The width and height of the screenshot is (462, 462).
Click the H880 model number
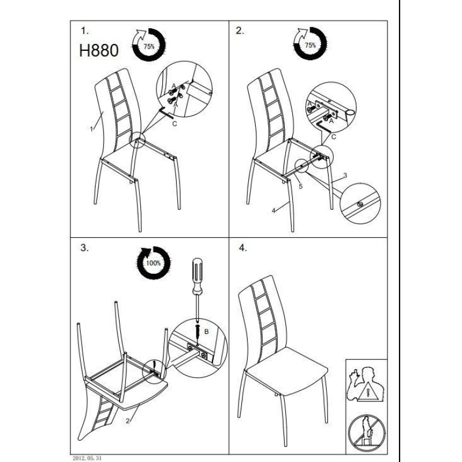(x=99, y=50)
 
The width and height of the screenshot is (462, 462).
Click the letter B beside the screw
(x=207, y=331)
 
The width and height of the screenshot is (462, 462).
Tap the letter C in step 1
(x=174, y=124)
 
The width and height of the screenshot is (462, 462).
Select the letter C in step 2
(x=334, y=137)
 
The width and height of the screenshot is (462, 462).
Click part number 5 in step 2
(x=300, y=186)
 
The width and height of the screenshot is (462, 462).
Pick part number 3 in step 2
(x=345, y=176)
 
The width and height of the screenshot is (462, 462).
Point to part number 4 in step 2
(x=274, y=210)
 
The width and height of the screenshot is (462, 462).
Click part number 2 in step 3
(x=128, y=421)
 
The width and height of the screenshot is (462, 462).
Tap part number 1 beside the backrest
(x=92, y=129)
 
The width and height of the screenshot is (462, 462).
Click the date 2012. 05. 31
(x=87, y=458)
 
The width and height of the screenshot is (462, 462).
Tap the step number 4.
(x=243, y=248)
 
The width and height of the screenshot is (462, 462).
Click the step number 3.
(x=84, y=248)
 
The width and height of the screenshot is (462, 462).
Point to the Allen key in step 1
(x=166, y=113)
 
